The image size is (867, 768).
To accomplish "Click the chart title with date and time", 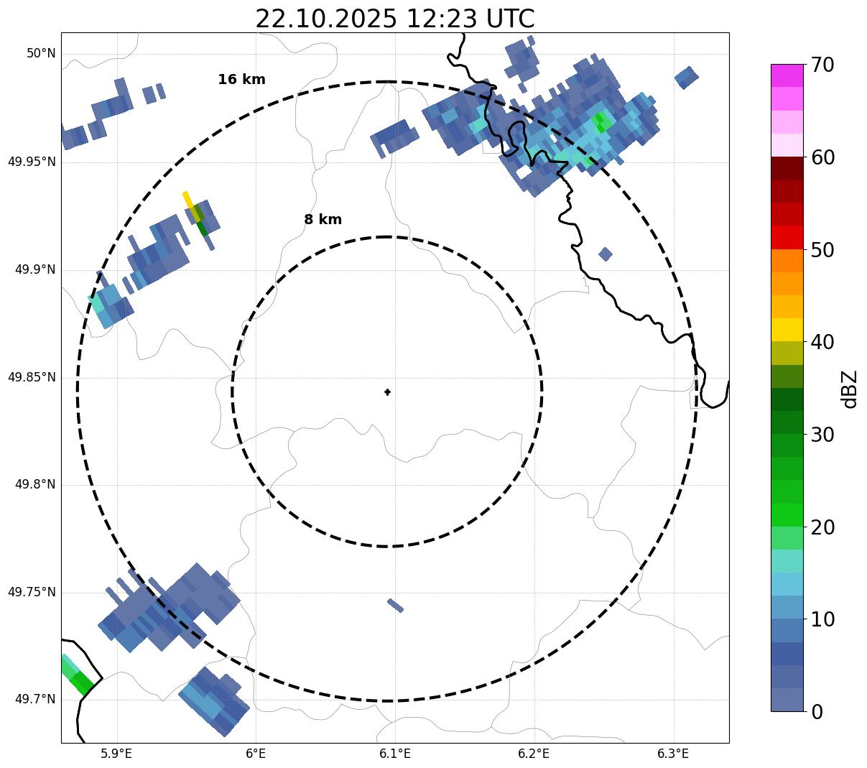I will coord(394,19).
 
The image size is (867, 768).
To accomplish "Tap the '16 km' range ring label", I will coord(241,80).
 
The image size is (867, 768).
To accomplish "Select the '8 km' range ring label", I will coord(323,220).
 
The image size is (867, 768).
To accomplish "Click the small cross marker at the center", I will coord(388,392).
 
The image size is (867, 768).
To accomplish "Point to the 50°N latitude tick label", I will coord(41,54).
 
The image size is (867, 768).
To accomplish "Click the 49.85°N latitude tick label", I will coord(32,377).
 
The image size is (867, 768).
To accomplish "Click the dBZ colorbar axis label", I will coord(850,389).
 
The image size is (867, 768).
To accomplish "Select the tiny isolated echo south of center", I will coord(395,606).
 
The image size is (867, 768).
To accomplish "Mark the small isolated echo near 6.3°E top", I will coord(686,77).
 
